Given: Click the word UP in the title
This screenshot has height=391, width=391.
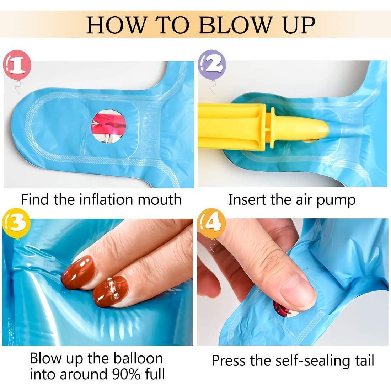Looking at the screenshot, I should tap(299, 25).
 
